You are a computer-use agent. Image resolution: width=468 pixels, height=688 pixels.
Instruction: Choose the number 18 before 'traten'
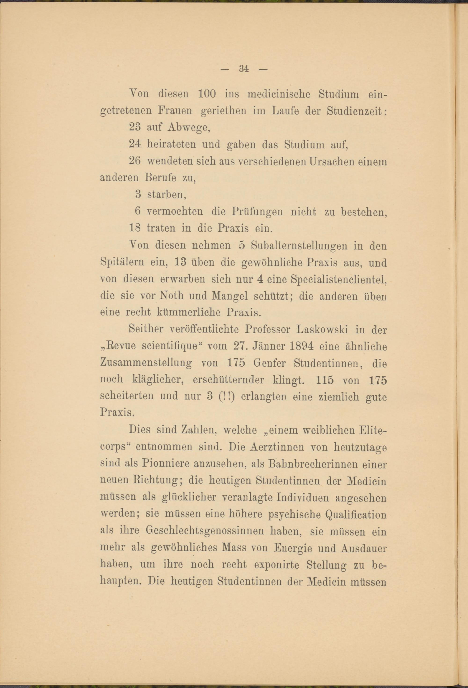(x=135, y=228)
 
